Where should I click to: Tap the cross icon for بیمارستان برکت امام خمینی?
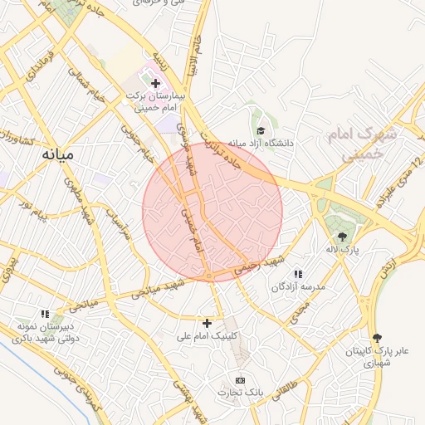point(155,82)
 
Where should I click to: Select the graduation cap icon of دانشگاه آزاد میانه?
point(261,130)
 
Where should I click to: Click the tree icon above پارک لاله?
point(342,237)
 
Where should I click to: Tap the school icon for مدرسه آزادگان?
point(298,274)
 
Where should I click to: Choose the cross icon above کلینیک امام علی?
point(208,322)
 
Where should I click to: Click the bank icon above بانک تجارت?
point(241,379)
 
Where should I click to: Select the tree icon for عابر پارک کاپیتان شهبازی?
point(378,338)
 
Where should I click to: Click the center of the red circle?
point(212,212)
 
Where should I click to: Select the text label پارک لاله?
point(342,250)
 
